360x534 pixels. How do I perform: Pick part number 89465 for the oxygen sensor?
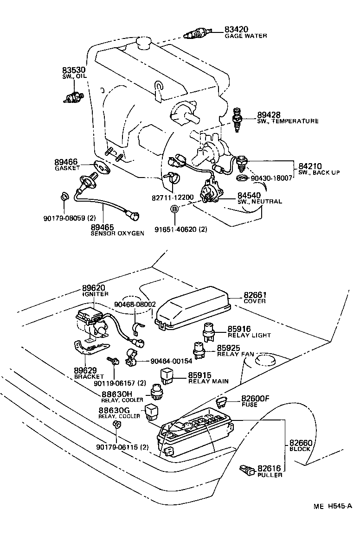[103, 227]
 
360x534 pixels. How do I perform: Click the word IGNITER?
[95, 294]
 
